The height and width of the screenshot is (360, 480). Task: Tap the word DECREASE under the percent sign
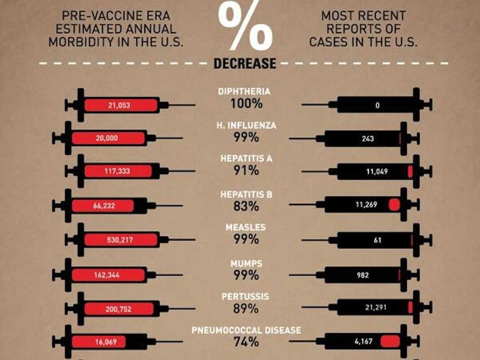(244, 64)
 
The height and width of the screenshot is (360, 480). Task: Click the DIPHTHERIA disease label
(244, 91)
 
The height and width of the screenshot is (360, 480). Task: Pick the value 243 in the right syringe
(367, 139)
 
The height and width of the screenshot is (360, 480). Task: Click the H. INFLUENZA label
(246, 125)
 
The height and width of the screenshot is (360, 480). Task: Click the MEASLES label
(245, 228)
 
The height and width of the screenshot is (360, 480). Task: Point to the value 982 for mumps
(363, 275)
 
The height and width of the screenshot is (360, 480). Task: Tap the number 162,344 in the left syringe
(106, 275)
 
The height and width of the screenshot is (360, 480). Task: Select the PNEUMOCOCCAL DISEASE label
(246, 330)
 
